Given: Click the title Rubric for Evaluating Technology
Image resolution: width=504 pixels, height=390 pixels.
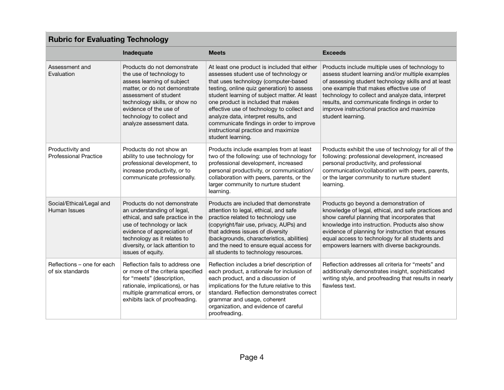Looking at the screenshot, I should pyautogui.click(x=108, y=39).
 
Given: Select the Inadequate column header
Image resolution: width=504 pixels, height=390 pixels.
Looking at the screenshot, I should pyautogui.click(x=137, y=53).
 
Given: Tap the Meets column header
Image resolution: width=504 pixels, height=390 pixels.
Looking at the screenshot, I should pyautogui.click(x=216, y=53).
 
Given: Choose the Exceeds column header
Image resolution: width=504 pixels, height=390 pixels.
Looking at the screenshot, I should pyautogui.click(x=334, y=53).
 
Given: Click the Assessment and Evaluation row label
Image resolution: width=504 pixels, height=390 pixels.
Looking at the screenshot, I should pyautogui.click(x=69, y=71).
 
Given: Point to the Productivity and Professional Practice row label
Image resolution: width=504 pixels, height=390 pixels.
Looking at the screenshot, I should pyautogui.click(x=75, y=153).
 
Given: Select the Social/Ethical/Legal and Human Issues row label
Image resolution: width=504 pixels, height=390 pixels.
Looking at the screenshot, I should pyautogui.click(x=79, y=207).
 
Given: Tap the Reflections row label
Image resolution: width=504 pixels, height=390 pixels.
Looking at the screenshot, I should pyautogui.click(x=81, y=267).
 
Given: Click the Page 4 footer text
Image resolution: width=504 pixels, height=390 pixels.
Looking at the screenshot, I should pyautogui.click(x=251, y=357).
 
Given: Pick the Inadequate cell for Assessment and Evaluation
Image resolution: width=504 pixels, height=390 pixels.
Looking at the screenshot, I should pyautogui.click(x=162, y=96).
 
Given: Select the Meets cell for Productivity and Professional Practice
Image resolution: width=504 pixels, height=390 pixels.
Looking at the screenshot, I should pyautogui.click(x=262, y=170).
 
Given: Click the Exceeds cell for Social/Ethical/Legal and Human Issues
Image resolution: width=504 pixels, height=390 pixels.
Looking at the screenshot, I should pyautogui.click(x=387, y=224).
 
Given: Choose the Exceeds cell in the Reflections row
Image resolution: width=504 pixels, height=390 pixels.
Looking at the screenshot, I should pyautogui.click(x=387, y=275).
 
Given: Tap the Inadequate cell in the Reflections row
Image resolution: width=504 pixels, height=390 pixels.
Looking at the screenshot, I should pyautogui.click(x=162, y=282).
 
